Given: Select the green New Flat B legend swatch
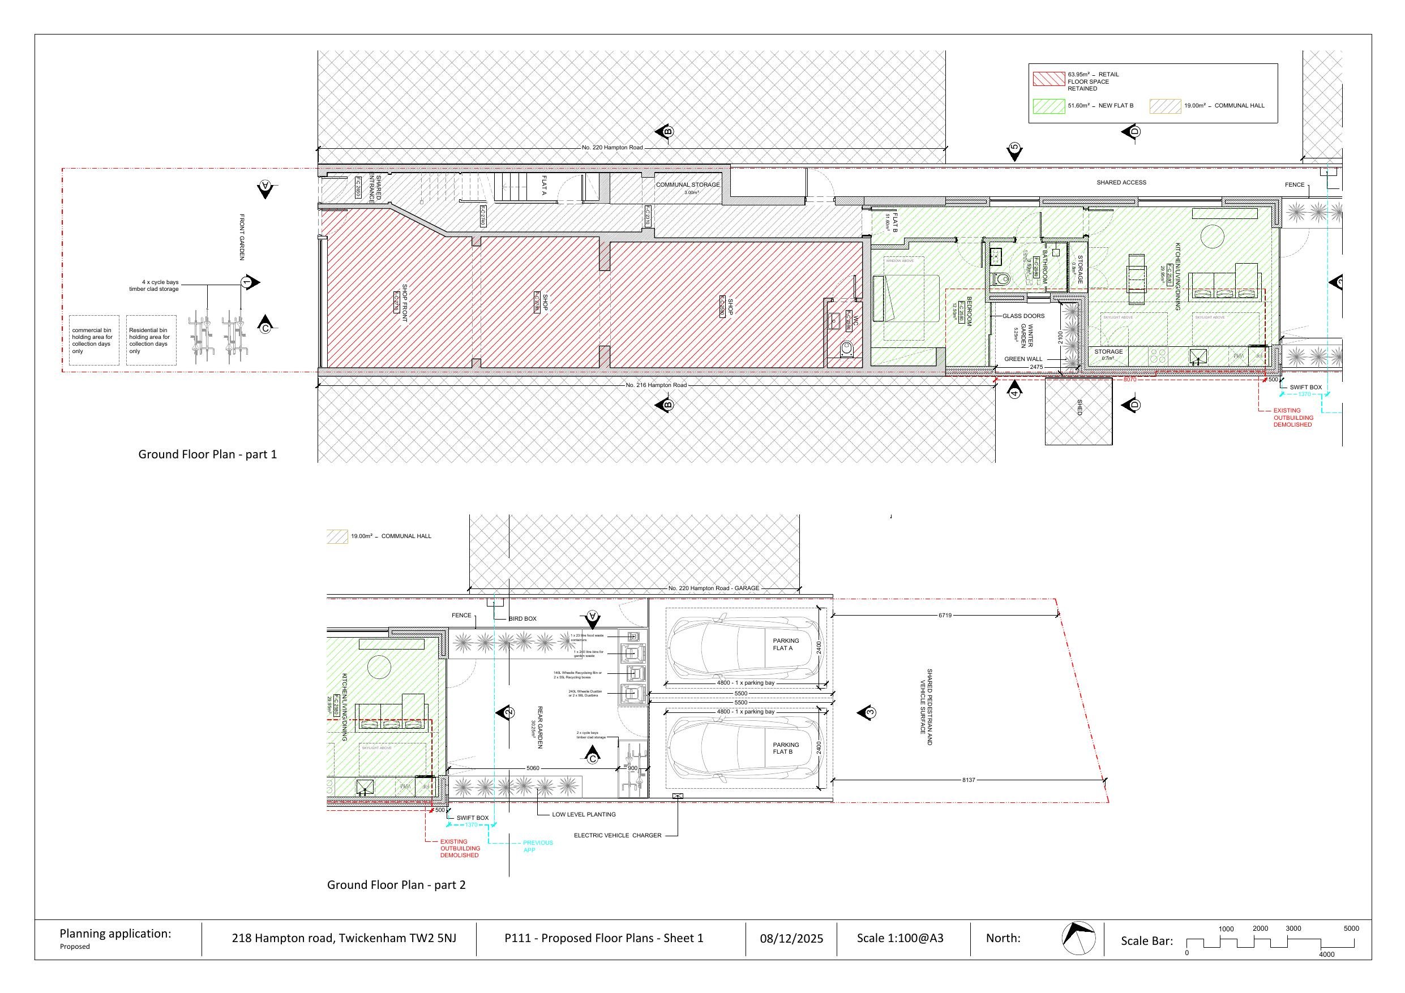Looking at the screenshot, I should pyautogui.click(x=1048, y=106).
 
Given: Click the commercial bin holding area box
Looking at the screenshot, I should pyautogui.click(x=93, y=341).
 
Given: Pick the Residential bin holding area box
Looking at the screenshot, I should pyautogui.click(x=151, y=341).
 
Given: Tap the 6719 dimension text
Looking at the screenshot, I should pyautogui.click(x=945, y=615).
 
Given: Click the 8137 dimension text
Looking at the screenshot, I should pyautogui.click(x=968, y=780).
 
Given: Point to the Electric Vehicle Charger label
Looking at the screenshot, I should pyautogui.click(x=618, y=835).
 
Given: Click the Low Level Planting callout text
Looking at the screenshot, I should pyautogui.click(x=584, y=814).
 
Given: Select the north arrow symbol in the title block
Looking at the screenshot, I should pyautogui.click(x=1078, y=938).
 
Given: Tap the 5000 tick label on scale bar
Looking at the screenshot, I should pyautogui.click(x=1351, y=928).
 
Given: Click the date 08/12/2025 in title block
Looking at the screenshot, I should pyautogui.click(x=791, y=939).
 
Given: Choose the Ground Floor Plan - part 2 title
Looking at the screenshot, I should pyautogui.click(x=396, y=885).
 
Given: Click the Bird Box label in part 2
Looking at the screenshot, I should pyautogui.click(x=522, y=618).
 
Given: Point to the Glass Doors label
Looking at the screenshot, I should pyautogui.click(x=1023, y=316).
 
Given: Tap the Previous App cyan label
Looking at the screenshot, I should pyautogui.click(x=537, y=846).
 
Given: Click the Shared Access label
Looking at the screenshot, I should pyautogui.click(x=1121, y=182).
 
